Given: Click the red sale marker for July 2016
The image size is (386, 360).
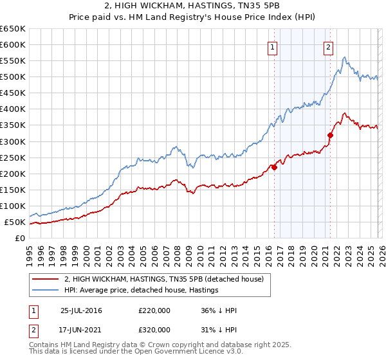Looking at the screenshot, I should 274,167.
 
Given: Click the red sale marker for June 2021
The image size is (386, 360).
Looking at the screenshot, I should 330,135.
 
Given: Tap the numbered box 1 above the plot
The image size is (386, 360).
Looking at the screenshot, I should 272,46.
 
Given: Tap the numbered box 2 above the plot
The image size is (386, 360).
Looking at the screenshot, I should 328,46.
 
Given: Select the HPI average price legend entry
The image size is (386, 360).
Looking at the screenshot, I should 141,291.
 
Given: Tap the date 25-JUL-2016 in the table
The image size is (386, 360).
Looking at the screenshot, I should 81,310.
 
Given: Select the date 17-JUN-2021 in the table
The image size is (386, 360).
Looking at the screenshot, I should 81,329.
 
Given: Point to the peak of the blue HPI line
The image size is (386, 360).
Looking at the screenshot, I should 345,58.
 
